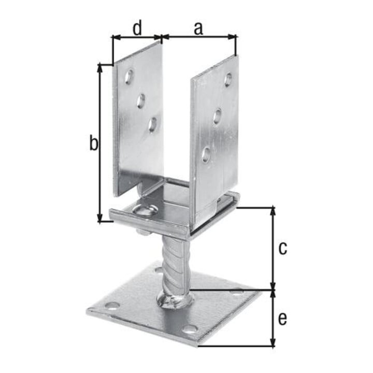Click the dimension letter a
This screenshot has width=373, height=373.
click(x=198, y=28)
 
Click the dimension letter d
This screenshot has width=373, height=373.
click(x=137, y=27)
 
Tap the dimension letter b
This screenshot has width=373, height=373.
click(x=93, y=142)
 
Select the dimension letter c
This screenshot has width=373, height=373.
click(x=283, y=248)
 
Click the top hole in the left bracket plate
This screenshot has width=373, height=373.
click(x=129, y=76)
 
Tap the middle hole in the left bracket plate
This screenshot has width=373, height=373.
click(x=140, y=101)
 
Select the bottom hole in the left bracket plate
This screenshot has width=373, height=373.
click(x=152, y=124)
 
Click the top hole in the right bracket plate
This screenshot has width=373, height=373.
click(x=228, y=80)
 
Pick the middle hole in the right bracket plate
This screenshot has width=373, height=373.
click(x=217, y=116)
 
